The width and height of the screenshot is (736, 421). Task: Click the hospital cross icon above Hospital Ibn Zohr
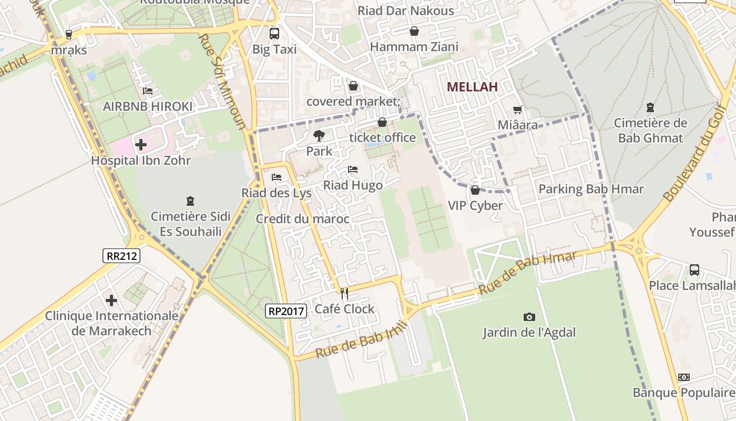click(140, 144)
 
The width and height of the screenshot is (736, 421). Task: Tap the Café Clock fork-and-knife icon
click(344, 293)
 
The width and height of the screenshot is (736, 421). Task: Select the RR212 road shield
click(121, 256)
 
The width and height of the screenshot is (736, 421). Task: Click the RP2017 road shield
click(286, 311)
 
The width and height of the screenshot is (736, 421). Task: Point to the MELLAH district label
click(472, 87)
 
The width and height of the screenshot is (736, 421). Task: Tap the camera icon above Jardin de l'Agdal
click(529, 317)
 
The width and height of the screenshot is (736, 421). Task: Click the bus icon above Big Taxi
click(274, 34)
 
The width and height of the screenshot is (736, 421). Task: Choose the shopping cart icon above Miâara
click(518, 109)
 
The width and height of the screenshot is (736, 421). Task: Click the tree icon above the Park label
click(319, 136)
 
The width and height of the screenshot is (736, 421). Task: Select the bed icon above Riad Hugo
click(353, 169)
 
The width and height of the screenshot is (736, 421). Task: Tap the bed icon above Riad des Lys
click(277, 177)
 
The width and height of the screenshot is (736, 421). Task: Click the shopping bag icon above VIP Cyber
click(475, 190)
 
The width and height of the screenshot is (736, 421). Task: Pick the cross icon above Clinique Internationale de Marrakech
click(111, 300)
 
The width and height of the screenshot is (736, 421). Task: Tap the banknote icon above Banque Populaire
click(684, 377)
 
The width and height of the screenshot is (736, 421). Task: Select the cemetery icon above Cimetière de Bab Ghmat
click(650, 107)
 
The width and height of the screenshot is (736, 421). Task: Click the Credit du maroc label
click(302, 219)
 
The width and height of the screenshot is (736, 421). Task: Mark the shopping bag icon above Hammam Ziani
click(414, 32)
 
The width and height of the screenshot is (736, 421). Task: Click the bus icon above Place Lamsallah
click(694, 270)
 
